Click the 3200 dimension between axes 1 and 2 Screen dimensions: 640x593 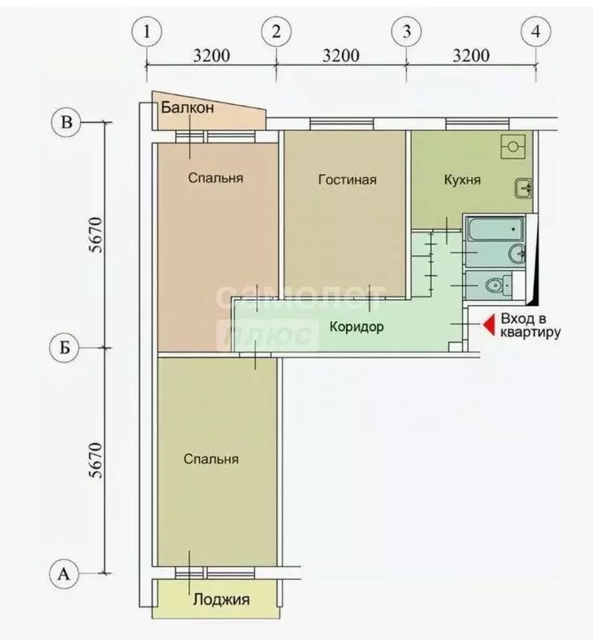[211, 57]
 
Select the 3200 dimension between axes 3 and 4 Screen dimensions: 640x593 [470, 57]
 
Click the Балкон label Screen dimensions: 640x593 [188, 107]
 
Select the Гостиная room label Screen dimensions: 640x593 [347, 179]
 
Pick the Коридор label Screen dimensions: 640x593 [356, 327]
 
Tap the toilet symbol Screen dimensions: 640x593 [497, 285]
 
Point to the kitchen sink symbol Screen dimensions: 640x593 [523, 188]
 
